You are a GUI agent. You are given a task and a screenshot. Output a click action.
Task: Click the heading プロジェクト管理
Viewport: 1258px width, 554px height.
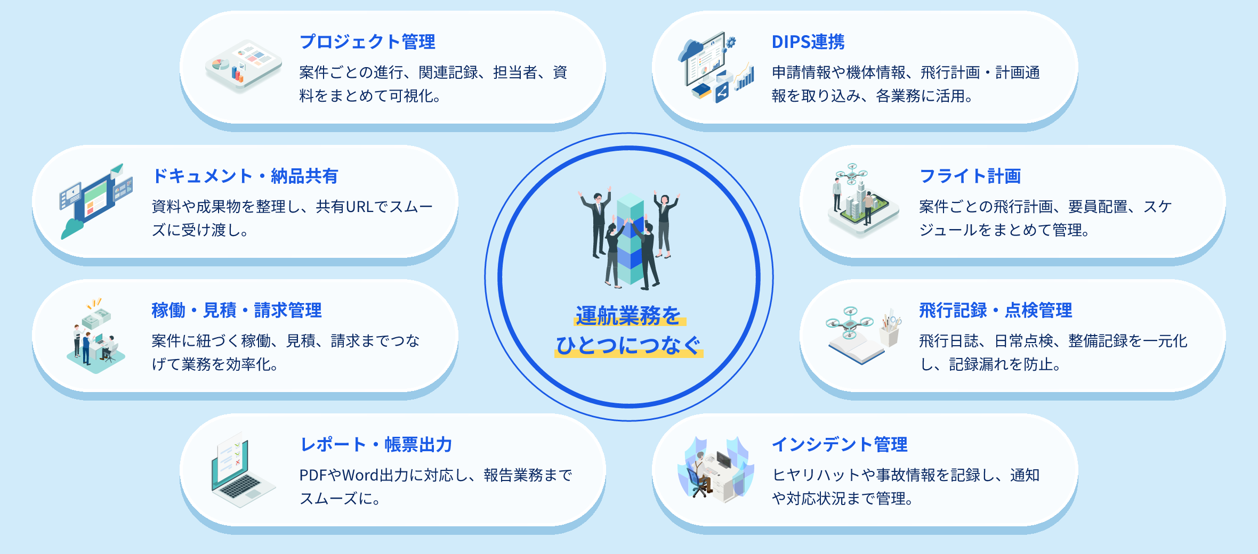(367, 42)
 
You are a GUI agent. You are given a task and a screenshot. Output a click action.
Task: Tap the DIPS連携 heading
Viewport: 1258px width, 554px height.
(808, 42)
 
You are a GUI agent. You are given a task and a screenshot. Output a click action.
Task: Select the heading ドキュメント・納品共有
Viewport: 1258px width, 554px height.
(245, 176)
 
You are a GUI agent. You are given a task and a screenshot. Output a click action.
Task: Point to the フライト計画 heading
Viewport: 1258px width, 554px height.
(970, 176)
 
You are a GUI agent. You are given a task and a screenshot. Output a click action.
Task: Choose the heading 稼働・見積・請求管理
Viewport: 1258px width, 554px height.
(237, 310)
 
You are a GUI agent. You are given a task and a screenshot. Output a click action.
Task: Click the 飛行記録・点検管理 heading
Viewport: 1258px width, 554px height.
(996, 310)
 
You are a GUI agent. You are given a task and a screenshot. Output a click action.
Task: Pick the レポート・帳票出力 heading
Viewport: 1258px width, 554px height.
(376, 444)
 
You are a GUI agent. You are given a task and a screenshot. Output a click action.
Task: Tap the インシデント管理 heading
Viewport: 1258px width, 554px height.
(840, 444)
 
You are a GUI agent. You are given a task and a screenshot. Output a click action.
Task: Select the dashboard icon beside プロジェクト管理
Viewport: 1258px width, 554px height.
(244, 66)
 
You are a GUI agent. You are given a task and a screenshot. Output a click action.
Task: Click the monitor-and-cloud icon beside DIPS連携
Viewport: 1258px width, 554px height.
(716, 67)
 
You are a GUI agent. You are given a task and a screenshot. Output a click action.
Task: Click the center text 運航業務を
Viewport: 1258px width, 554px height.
(629, 316)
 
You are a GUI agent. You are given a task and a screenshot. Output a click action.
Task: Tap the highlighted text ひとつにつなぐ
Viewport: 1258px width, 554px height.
(629, 346)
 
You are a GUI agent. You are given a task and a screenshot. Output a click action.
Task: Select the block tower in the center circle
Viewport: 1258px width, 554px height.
(630, 240)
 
